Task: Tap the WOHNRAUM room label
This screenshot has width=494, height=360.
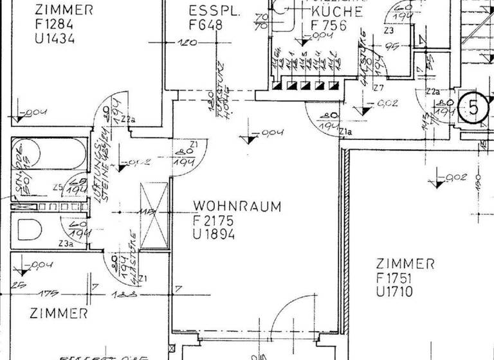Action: click(237, 207)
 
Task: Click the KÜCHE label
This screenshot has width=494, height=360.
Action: click(336, 12)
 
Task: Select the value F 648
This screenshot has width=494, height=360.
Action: click(206, 26)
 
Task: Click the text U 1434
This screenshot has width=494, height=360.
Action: click(55, 39)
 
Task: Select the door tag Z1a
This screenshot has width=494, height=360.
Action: click(345, 132)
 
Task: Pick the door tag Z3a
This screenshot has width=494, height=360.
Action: click(66, 243)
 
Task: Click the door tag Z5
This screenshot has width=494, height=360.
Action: click(58, 188)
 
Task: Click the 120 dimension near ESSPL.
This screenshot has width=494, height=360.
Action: click(187, 44)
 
